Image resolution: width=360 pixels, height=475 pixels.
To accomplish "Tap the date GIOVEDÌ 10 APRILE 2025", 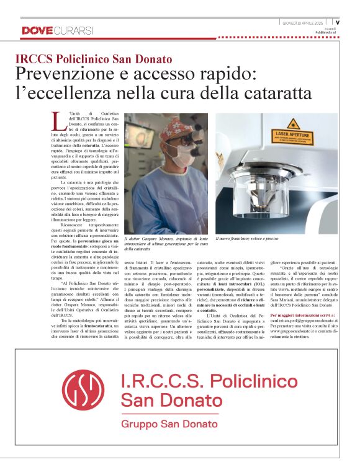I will tap(304, 22).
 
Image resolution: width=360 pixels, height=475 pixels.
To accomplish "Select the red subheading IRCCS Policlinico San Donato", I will tap(94, 60).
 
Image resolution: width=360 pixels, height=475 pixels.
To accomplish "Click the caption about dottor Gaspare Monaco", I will tap(166, 243).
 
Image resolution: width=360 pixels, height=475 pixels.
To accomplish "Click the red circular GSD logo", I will tap(83, 388).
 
